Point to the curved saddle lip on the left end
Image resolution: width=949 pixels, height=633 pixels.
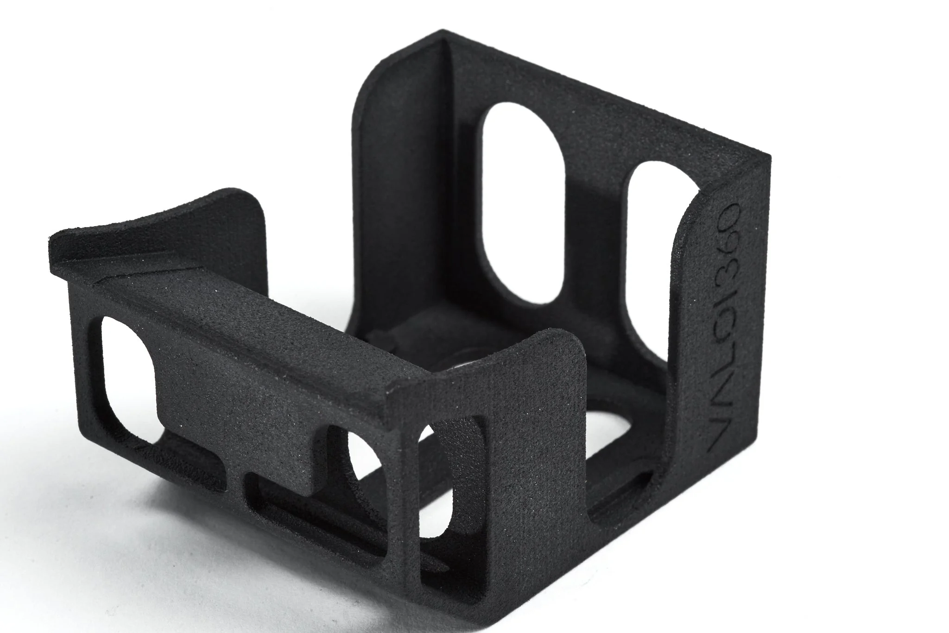point(153,218)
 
